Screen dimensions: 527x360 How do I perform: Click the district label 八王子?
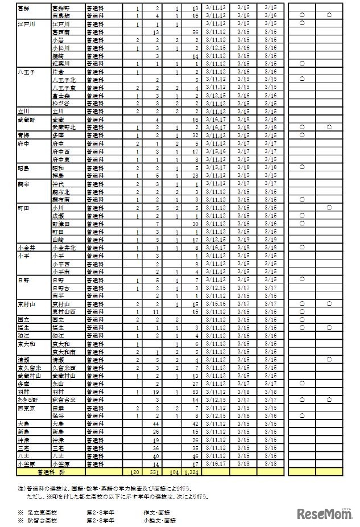pyautogui.click(x=26, y=72)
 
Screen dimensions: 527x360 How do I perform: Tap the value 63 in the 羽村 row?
pyautogui.click(x=195, y=392)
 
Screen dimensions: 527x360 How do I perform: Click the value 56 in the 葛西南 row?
pyautogui.click(x=195, y=32)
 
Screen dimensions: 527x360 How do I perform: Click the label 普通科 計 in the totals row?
pyautogui.click(x=51, y=472)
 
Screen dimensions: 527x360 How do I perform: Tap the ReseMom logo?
pyautogui.click(x=323, y=514)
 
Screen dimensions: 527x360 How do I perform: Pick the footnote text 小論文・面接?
pyautogui.click(x=160, y=520)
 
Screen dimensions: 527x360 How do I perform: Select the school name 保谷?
pyautogui.click(x=57, y=416)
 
